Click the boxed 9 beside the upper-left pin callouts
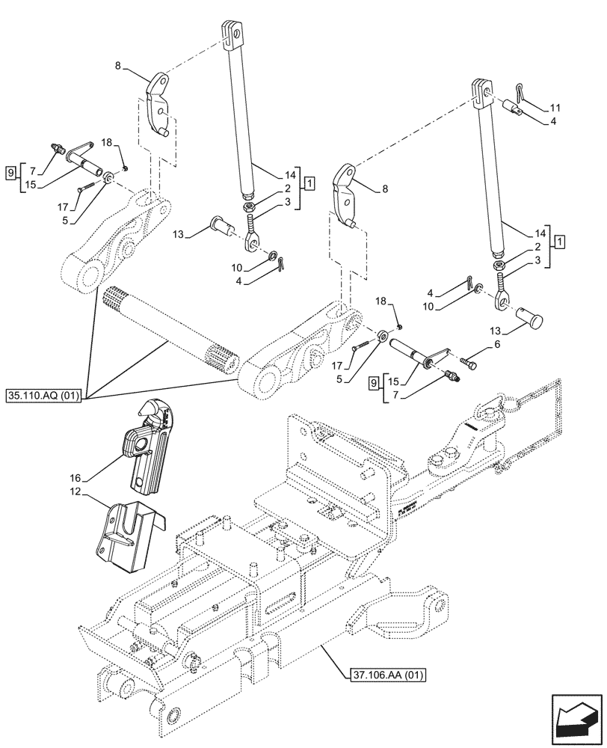pyautogui.click(x=10, y=172)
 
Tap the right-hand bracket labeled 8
pyautogui.click(x=347, y=193)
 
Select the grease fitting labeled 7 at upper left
pyautogui.click(x=57, y=147)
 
